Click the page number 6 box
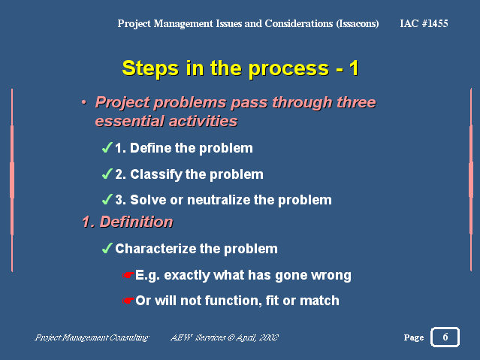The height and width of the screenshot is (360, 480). click(445, 337)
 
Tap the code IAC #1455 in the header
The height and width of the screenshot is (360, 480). click(424, 23)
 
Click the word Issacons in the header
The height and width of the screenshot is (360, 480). click(358, 23)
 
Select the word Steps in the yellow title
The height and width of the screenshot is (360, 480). click(150, 68)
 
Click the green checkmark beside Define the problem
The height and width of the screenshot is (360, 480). click(107, 147)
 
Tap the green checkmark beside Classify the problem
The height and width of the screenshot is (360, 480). click(107, 174)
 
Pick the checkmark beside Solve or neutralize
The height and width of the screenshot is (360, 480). click(107, 199)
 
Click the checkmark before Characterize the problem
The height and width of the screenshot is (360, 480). click(107, 248)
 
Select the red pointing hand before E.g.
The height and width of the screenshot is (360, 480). click(128, 275)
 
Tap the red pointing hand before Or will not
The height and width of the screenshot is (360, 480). click(128, 301)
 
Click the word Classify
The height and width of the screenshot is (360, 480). click(156, 174)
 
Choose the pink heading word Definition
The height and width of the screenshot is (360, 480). click(136, 222)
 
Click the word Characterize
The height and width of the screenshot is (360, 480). click(157, 249)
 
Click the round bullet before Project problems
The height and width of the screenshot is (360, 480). click(84, 103)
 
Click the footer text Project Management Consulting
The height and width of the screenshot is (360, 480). click(92, 337)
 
